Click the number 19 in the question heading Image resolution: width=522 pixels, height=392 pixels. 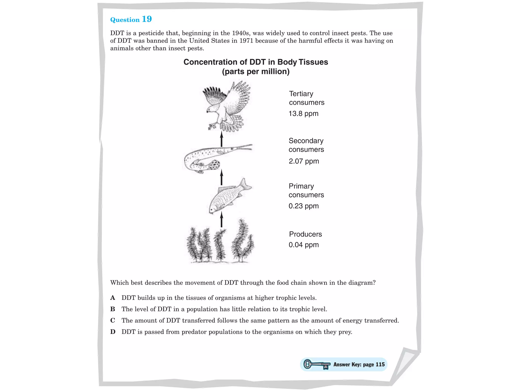coord(147,19)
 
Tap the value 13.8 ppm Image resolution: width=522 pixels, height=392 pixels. coord(303,114)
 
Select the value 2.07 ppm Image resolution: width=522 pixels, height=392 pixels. coord(304,161)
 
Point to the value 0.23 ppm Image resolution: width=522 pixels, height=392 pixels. coord(303,206)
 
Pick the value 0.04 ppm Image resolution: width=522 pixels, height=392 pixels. coord(303,245)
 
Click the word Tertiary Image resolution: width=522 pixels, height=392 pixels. coord(301,94)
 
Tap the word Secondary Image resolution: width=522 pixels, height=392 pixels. coord(306,141)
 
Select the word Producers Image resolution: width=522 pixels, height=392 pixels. coord(305,234)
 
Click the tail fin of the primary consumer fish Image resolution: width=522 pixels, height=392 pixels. coord(245,185)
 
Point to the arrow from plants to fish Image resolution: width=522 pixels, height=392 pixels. coord(221,219)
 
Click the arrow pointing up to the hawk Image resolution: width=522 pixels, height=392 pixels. coord(221,139)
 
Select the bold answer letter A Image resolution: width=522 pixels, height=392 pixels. coord(113,298)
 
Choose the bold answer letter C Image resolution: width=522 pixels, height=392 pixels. coord(113,320)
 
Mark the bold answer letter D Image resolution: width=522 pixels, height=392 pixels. coord(113,332)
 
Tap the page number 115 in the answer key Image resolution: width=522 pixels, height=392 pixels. coord(380,364)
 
